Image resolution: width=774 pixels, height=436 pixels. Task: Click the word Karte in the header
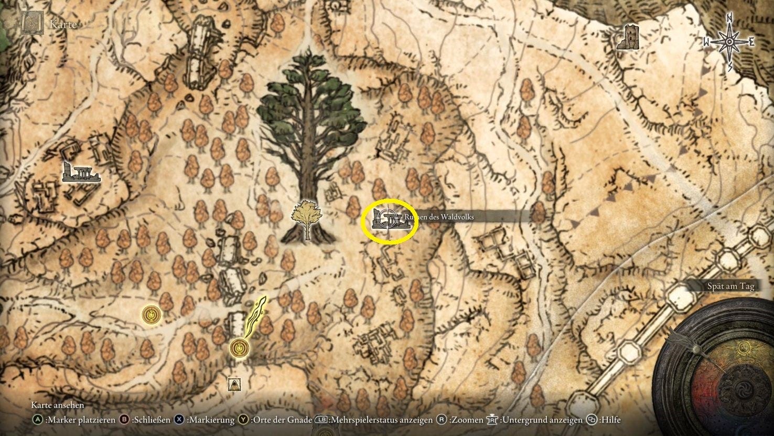(62, 24)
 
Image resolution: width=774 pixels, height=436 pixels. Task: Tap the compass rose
(729, 42)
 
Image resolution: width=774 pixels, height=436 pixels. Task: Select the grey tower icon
(628, 38)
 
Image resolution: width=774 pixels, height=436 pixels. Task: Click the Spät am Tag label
(729, 286)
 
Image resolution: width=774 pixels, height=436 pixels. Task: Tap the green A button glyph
(37, 420)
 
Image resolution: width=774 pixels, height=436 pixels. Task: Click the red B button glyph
(124, 420)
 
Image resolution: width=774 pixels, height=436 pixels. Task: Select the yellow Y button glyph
(243, 420)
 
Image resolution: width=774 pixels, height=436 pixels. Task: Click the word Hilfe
(610, 420)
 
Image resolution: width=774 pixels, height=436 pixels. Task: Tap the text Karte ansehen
(57, 405)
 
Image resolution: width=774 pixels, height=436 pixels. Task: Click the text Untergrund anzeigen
(541, 420)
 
